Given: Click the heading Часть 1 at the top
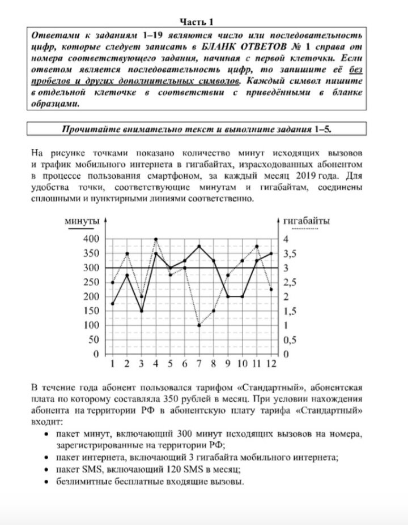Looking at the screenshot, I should coord(197,22).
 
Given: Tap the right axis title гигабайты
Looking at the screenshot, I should coord(306,221).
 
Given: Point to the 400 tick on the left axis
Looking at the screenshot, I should coord(91,239).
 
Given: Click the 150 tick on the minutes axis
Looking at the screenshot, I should coord(91,311).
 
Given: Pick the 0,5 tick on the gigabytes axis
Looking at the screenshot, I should coord(289,339).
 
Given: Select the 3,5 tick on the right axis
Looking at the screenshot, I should coord(289,253).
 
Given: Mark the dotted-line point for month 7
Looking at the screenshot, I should coord(199,325).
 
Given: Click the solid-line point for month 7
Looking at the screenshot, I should coord(199,246).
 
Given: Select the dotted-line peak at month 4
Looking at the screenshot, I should coord(156,239).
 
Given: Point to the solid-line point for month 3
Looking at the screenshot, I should coord(141,311).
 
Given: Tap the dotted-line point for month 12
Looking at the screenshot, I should coord(271,289).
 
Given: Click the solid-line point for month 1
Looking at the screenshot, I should coord(113,304).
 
